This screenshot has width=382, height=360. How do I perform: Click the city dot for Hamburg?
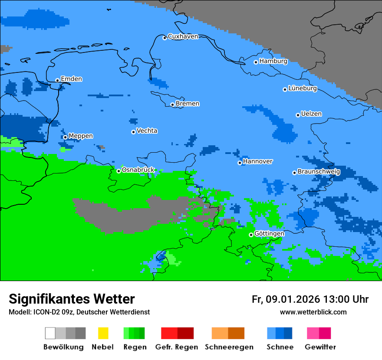pyautogui.click(x=256, y=62)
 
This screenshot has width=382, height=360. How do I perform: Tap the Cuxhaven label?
pyautogui.click(x=183, y=36)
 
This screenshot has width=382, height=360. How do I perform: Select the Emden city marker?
pyautogui.click(x=57, y=80)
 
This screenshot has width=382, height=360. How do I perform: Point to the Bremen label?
pyautogui.click(x=188, y=104)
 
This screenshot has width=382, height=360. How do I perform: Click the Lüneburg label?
pyautogui.click(x=303, y=88)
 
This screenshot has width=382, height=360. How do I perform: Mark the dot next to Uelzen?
pyautogui.click(x=298, y=115)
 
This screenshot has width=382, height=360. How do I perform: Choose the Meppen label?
pyautogui.click(x=81, y=136)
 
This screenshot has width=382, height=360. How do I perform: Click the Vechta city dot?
pyautogui.click(x=133, y=132)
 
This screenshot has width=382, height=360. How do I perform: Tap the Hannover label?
pyautogui.click(x=258, y=161)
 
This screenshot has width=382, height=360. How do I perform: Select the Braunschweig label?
pyautogui.click(x=319, y=172)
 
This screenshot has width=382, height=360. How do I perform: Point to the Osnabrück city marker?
pyautogui.click(x=119, y=171)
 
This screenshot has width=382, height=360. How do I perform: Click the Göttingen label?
pyautogui.click(x=269, y=234)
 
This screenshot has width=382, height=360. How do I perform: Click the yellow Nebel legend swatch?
pyautogui.click(x=103, y=333)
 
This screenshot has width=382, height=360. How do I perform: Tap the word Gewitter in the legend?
pyautogui.click(x=320, y=347)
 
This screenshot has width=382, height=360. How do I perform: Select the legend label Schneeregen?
pyautogui.click(x=229, y=347)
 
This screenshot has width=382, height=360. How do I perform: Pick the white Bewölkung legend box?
pyautogui.click(x=50, y=333)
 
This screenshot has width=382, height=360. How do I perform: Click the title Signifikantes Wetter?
pyautogui.click(x=72, y=299)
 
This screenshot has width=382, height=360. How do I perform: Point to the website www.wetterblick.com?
pyautogui.click(x=313, y=312)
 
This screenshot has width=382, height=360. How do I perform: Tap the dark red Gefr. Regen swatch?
pyautogui.click(x=185, y=333)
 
